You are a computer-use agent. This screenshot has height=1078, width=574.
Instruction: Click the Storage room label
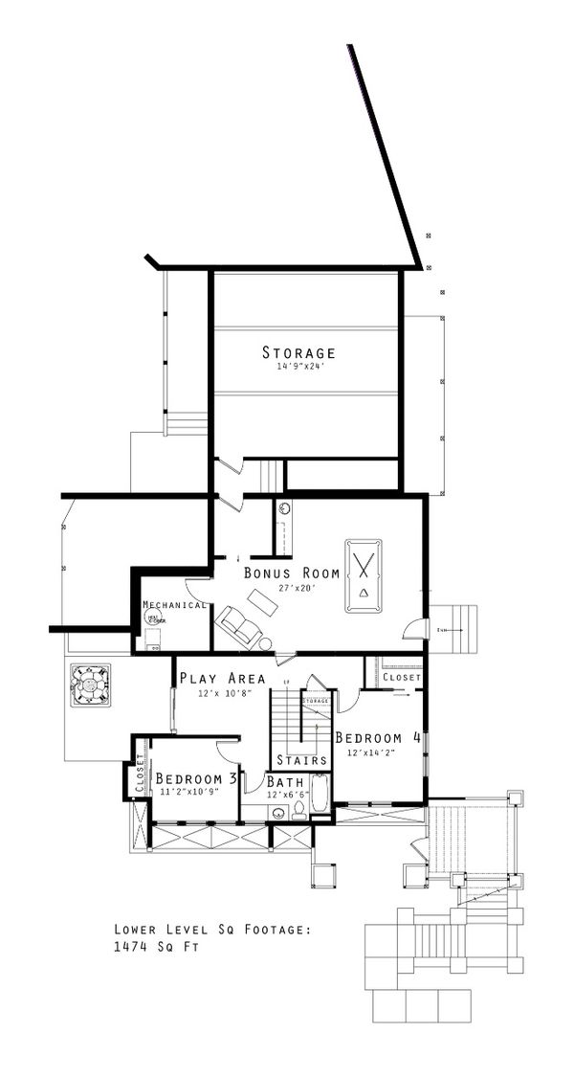[298, 353]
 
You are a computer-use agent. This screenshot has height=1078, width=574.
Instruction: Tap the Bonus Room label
[292, 573]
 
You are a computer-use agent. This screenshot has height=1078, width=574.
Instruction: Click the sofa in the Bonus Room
[237, 628]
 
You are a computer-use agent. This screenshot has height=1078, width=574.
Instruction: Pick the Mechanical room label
[174, 605]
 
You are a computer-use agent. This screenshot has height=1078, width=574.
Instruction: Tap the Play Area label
[222, 679]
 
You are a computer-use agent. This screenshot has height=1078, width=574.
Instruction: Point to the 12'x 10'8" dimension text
[222, 692]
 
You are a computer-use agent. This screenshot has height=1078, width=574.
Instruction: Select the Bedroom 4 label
[378, 738]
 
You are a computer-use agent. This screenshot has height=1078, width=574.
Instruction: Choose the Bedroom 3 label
[195, 778]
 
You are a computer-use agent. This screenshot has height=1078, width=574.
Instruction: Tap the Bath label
[285, 783]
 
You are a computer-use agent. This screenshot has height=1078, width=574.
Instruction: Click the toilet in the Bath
[298, 811]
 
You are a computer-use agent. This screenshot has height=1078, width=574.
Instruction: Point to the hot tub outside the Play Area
[90, 686]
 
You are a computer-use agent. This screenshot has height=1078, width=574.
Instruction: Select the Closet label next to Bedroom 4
[400, 677]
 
